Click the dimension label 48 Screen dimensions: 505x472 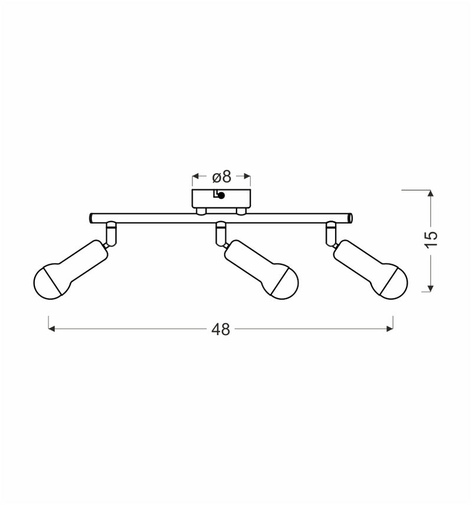point(221,330)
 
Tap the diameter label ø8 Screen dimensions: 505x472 point(221,176)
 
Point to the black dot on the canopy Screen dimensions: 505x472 point(221,196)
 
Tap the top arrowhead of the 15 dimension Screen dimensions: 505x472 point(431,194)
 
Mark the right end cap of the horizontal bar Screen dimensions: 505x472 point(350,218)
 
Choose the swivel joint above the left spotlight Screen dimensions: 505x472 point(110,232)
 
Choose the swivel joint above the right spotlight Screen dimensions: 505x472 point(332,232)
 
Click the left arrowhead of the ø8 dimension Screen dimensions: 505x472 point(195,176)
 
